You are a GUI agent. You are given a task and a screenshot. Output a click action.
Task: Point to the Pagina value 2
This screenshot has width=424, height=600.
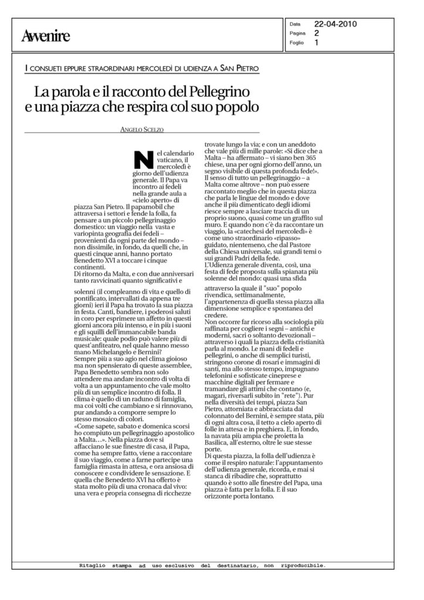317,33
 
